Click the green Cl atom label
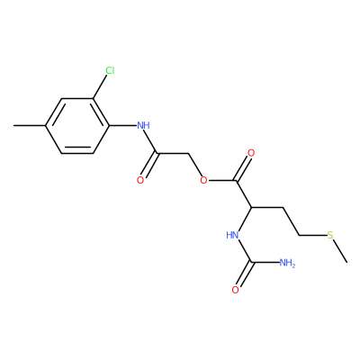click(x=110, y=71)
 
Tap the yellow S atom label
click(x=330, y=235)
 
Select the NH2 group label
click(x=287, y=264)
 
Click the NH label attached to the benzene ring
click(x=143, y=125)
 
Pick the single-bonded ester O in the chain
click(x=203, y=180)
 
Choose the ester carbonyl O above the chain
click(x=251, y=153)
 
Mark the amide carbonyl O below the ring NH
click(x=140, y=180)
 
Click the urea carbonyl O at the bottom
click(x=235, y=290)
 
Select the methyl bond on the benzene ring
click(x=30, y=125)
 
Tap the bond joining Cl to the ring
click(x=100, y=86)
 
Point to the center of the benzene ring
click(x=77, y=126)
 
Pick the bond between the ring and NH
click(x=122, y=125)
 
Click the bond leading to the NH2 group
click(x=265, y=263)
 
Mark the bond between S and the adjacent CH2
click(x=313, y=235)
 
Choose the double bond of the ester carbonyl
click(x=243, y=168)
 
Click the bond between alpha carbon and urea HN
click(x=244, y=220)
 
